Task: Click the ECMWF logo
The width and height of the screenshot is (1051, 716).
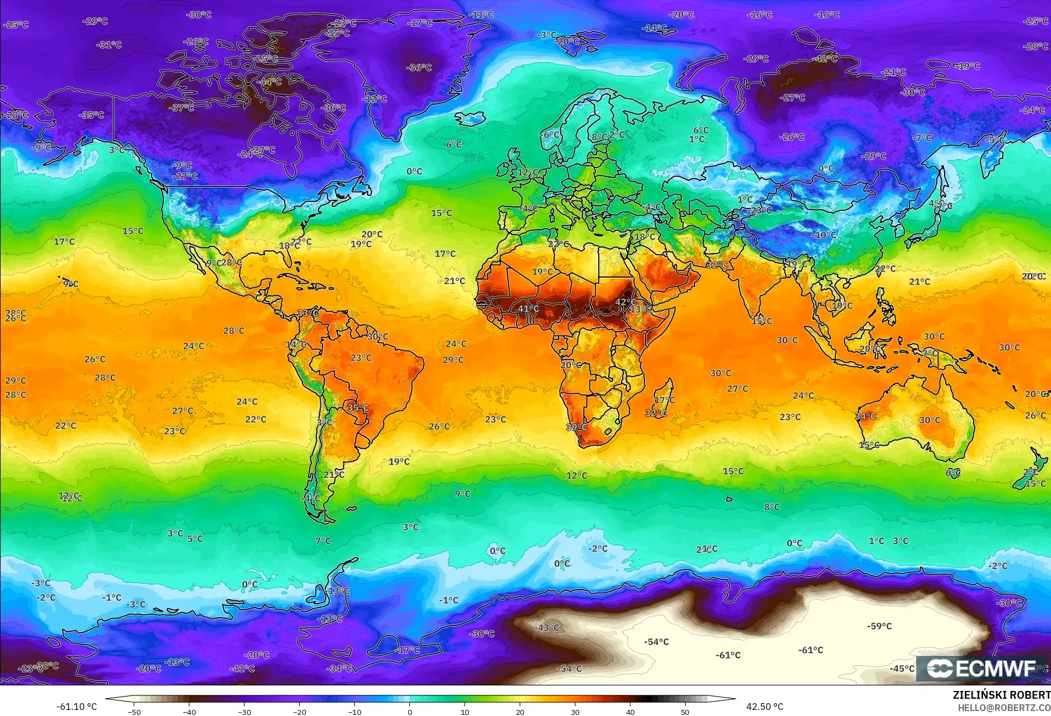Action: click(981, 668)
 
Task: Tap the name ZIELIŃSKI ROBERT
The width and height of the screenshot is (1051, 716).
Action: click(1001, 695)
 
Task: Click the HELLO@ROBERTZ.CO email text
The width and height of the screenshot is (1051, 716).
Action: click(1004, 708)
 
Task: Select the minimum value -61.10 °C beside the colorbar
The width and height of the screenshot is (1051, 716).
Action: click(76, 707)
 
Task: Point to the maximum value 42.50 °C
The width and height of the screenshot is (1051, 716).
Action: click(764, 707)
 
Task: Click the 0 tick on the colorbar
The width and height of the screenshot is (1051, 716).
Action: click(410, 712)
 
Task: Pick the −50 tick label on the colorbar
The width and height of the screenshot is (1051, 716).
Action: click(134, 712)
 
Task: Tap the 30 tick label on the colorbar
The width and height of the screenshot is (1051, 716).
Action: click(575, 712)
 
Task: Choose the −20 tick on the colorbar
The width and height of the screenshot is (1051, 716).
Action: click(299, 712)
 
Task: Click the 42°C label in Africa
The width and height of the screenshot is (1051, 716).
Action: click(625, 303)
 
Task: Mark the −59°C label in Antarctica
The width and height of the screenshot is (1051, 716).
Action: click(879, 626)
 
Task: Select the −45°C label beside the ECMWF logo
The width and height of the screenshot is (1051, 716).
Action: click(902, 668)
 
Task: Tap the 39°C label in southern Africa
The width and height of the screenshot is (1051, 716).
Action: click(576, 427)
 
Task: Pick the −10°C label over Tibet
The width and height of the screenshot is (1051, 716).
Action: click(824, 235)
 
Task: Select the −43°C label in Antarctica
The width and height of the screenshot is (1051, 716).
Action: click(546, 628)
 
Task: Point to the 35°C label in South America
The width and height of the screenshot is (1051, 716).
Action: click(358, 407)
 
